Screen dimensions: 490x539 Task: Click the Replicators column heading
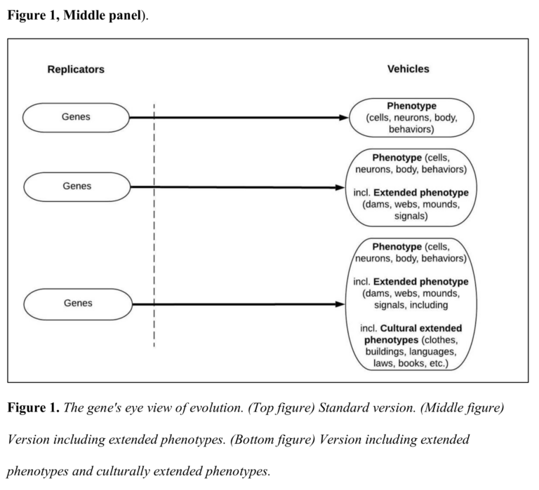point(76,69)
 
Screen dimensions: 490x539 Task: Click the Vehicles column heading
point(408,69)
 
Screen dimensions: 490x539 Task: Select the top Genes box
point(76,117)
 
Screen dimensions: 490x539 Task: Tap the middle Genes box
point(76,186)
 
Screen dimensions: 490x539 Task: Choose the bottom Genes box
point(76,304)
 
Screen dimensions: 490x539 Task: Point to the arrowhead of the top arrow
point(344,117)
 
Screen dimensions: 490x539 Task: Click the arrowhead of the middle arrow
point(341,187)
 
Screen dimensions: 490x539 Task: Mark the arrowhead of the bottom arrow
point(341,304)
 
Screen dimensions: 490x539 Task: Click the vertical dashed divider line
point(154,224)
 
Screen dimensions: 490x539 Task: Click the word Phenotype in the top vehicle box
point(411,106)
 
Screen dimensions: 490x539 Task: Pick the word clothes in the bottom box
point(439,339)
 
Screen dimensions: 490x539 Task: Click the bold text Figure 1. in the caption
point(34,408)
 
